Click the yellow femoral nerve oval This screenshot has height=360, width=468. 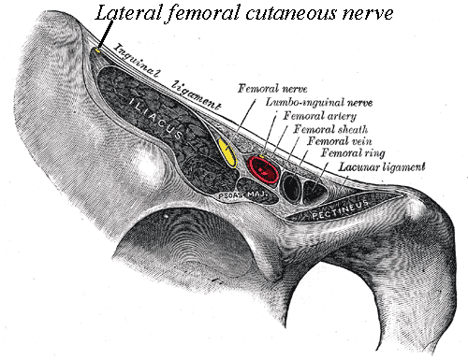click(226, 151)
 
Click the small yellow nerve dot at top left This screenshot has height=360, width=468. click(99, 51)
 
